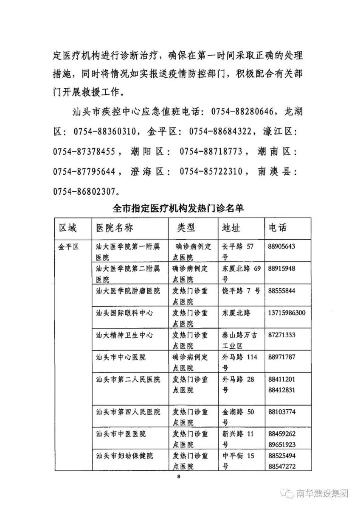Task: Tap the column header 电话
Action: [x=278, y=228]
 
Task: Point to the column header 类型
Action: [x=186, y=228]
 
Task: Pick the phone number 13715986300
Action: [x=287, y=313]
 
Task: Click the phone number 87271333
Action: [x=282, y=335]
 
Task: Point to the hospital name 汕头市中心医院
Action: [x=121, y=357]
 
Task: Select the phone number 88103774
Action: [x=282, y=412]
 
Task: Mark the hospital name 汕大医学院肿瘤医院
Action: [x=128, y=291]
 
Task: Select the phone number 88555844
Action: [x=282, y=291]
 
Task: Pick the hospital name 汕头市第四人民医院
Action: [x=128, y=412]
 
